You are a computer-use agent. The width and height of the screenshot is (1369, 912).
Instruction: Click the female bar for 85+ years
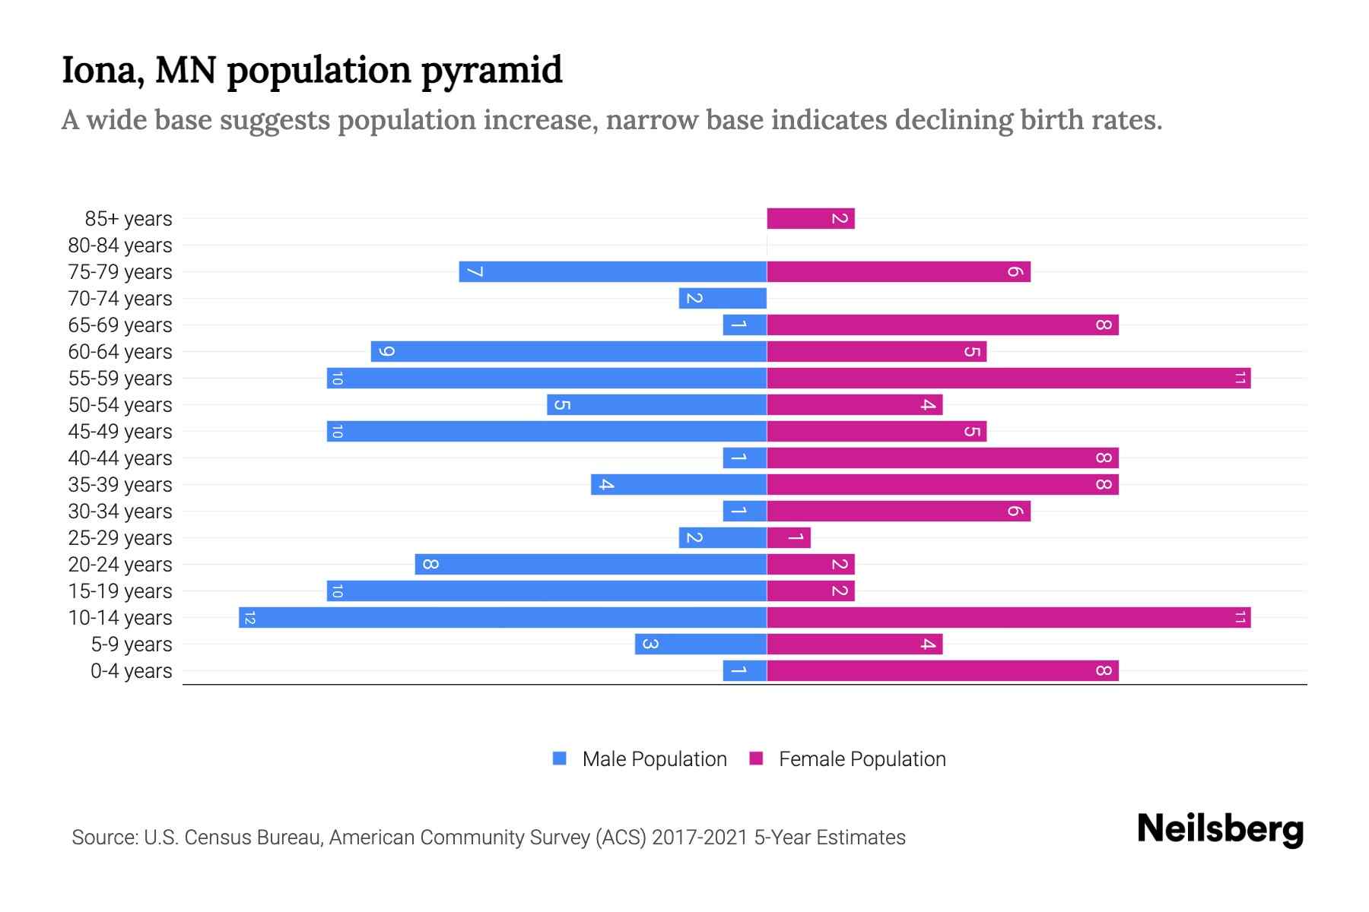click(810, 219)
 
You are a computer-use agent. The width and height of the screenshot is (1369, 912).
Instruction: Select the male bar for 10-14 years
click(502, 618)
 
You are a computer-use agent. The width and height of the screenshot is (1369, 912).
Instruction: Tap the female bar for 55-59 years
click(1008, 378)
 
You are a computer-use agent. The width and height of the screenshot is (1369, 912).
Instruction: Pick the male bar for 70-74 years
click(723, 299)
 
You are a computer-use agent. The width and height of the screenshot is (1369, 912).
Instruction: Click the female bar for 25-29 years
click(789, 538)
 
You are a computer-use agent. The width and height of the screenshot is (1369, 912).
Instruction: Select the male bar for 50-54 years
click(656, 405)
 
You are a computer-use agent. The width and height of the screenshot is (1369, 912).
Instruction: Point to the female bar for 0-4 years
click(942, 671)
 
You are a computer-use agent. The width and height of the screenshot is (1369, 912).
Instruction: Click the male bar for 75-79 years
click(612, 272)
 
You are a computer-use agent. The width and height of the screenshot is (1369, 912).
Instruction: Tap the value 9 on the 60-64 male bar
click(386, 352)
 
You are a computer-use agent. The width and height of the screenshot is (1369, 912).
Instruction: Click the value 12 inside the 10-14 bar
click(250, 618)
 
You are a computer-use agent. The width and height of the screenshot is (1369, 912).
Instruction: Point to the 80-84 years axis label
click(120, 245)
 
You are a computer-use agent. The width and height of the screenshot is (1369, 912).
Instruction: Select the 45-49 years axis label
click(120, 432)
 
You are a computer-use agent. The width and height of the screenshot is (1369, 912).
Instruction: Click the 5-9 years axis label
click(132, 644)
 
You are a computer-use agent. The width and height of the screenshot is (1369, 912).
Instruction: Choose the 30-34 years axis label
click(120, 511)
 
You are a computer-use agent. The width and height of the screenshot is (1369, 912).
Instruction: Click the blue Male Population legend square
click(560, 758)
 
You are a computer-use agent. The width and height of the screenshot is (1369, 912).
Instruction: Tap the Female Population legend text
click(862, 759)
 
